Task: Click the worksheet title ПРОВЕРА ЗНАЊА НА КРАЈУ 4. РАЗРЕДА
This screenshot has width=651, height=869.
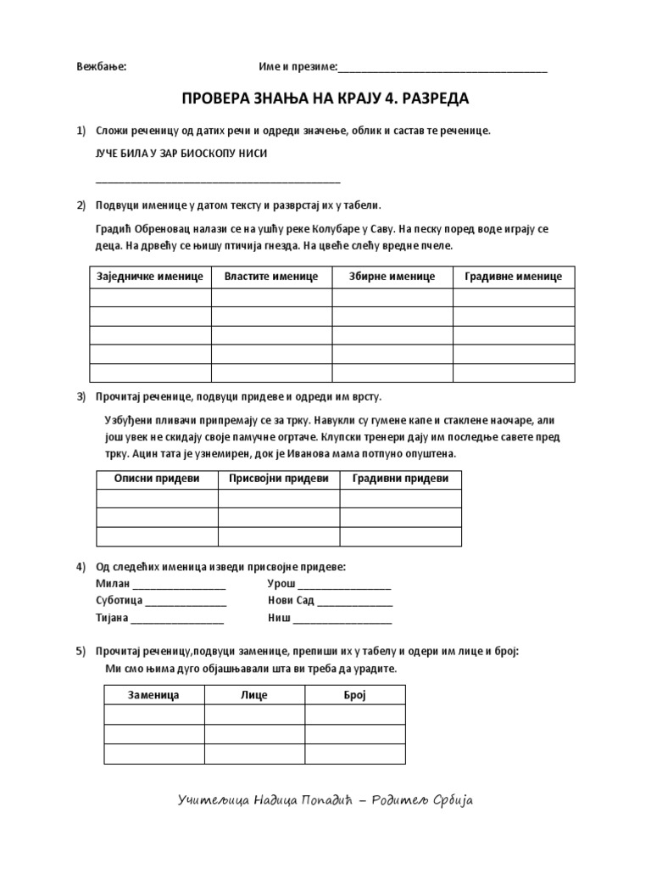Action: point(325,99)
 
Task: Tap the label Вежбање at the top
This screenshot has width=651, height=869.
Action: point(101,68)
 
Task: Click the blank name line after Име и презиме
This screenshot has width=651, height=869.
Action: point(442,70)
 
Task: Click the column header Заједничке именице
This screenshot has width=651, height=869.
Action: point(150,277)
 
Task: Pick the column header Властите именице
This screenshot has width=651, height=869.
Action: point(271,277)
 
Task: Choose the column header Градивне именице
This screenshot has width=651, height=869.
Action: point(514,277)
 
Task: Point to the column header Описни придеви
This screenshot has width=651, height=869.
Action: point(157,479)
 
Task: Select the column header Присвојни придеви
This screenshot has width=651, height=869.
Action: point(279,479)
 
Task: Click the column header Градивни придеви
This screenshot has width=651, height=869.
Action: point(401,479)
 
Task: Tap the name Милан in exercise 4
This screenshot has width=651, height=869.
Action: point(112,585)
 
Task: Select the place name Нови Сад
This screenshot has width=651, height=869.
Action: point(291,601)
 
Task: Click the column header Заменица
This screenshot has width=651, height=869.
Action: point(153,695)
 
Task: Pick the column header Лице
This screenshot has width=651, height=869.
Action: point(254,695)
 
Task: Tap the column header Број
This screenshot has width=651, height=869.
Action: point(354,695)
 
